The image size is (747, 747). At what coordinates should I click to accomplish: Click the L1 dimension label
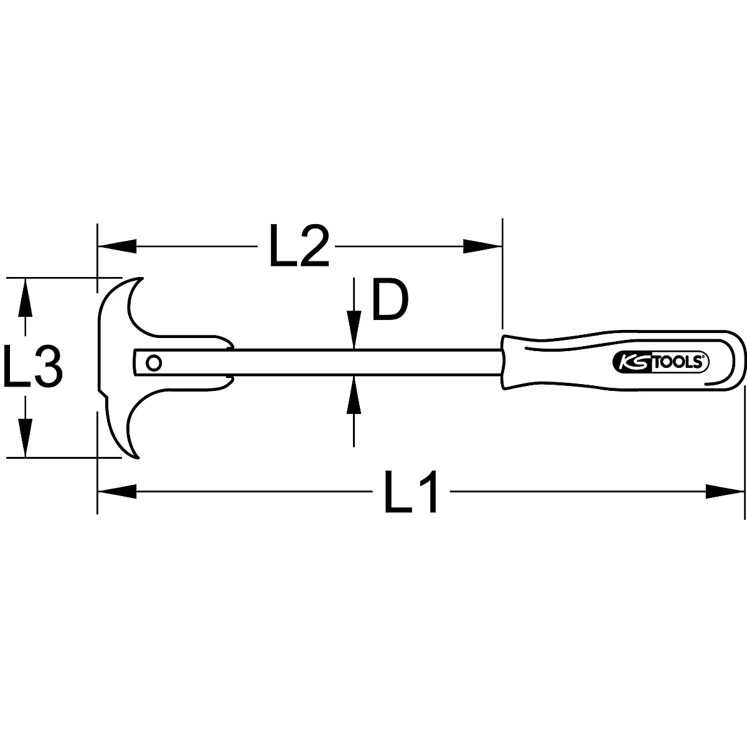(x=411, y=492)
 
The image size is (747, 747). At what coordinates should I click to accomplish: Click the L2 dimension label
(x=298, y=247)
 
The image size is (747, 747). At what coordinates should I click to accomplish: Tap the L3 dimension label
(x=32, y=367)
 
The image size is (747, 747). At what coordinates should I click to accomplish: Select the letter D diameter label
(x=389, y=301)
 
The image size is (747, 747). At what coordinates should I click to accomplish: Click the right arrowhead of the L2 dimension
(x=482, y=246)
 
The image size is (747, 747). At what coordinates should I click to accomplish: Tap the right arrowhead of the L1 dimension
(x=725, y=491)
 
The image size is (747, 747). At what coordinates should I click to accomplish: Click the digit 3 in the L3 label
(x=49, y=367)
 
